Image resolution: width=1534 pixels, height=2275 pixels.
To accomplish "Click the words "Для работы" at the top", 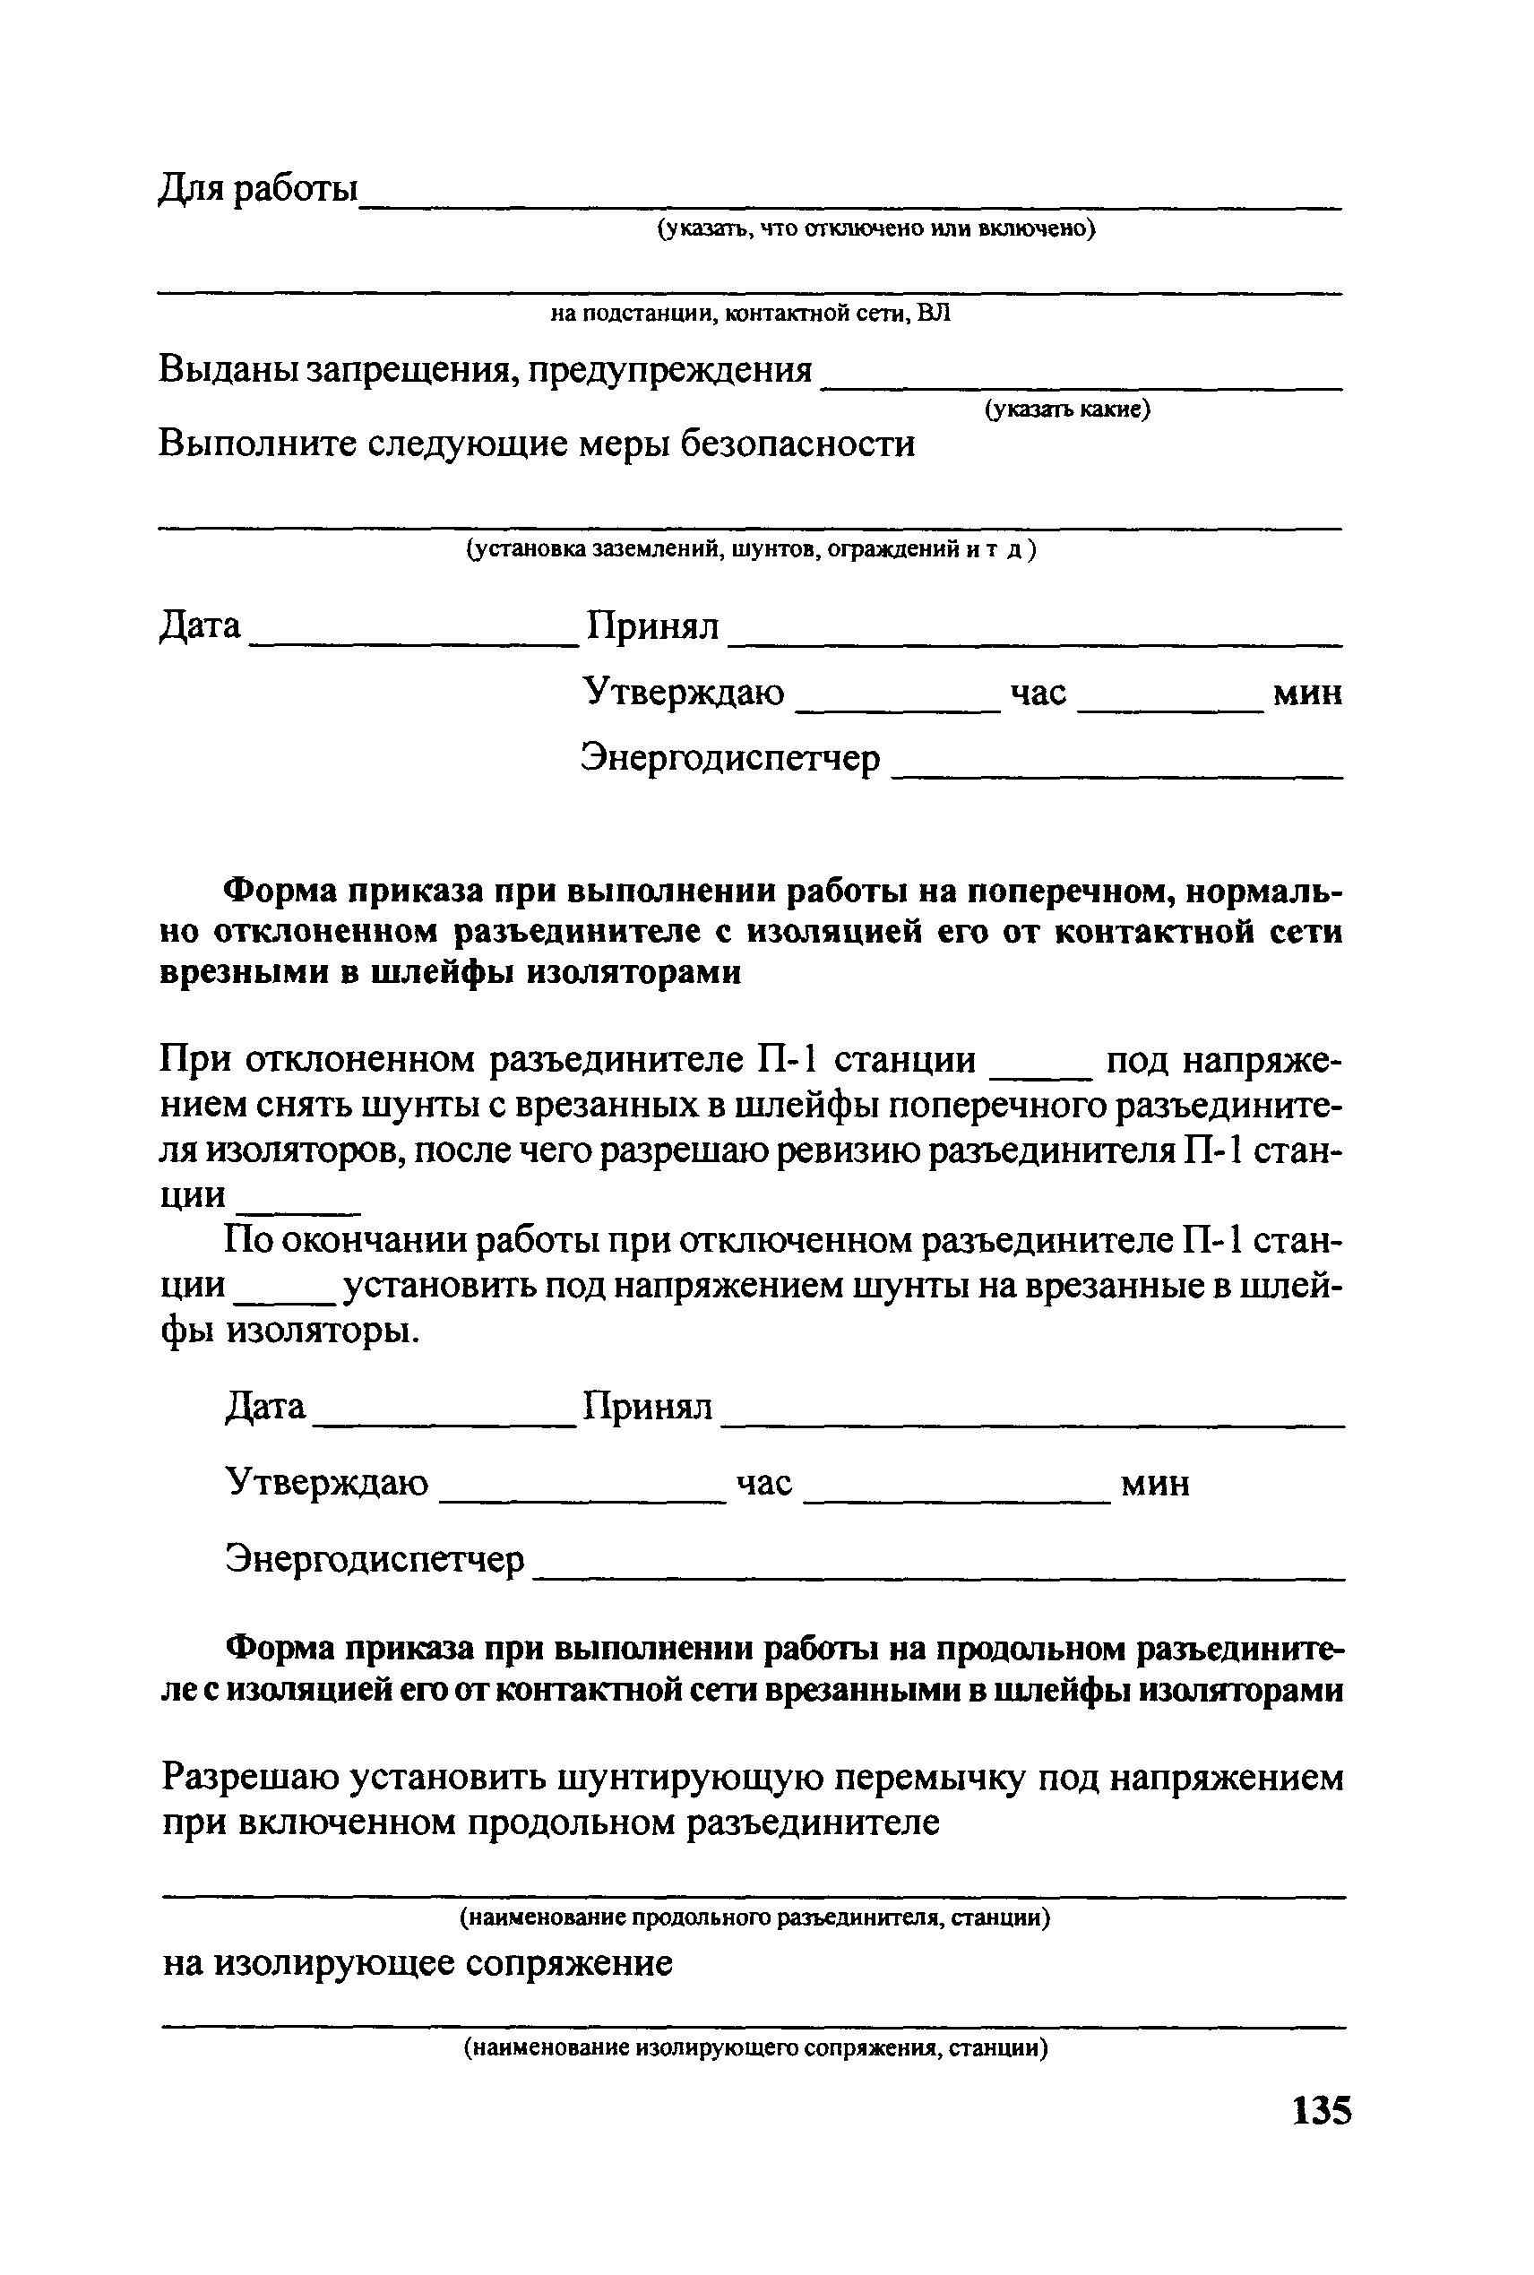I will coord(258,188).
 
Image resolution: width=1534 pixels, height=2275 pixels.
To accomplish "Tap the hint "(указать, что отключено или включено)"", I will coord(875,228).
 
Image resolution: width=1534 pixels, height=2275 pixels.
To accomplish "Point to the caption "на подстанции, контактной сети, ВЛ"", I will coord(749,313).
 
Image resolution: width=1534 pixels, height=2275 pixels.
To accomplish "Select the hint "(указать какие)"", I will coord(1067,409).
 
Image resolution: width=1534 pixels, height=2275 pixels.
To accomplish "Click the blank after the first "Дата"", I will coord(415,641).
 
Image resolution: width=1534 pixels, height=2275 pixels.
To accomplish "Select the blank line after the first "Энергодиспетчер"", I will coord(1117,775).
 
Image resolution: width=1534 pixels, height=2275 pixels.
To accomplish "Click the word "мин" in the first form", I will coord(1307,694).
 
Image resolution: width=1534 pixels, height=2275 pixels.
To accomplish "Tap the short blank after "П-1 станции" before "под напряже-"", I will coord(1041,1076).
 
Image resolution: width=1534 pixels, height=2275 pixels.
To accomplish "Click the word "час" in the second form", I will coord(764,1483).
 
